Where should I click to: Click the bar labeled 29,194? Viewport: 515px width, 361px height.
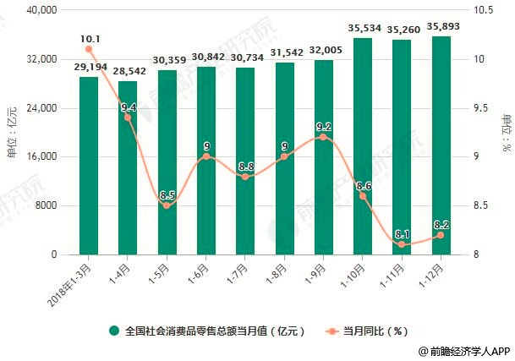click(x=89, y=165)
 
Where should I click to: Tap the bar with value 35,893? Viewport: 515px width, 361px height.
click(x=439, y=145)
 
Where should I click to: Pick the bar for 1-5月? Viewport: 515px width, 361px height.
click(x=167, y=161)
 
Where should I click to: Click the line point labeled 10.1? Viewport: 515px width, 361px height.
click(x=89, y=49)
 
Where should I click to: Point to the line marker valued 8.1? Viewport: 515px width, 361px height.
click(x=400, y=244)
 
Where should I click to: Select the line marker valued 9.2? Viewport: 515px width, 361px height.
click(x=322, y=137)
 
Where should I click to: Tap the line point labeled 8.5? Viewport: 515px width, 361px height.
click(x=167, y=205)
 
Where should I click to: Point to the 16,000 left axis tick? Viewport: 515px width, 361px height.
click(x=40, y=157)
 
